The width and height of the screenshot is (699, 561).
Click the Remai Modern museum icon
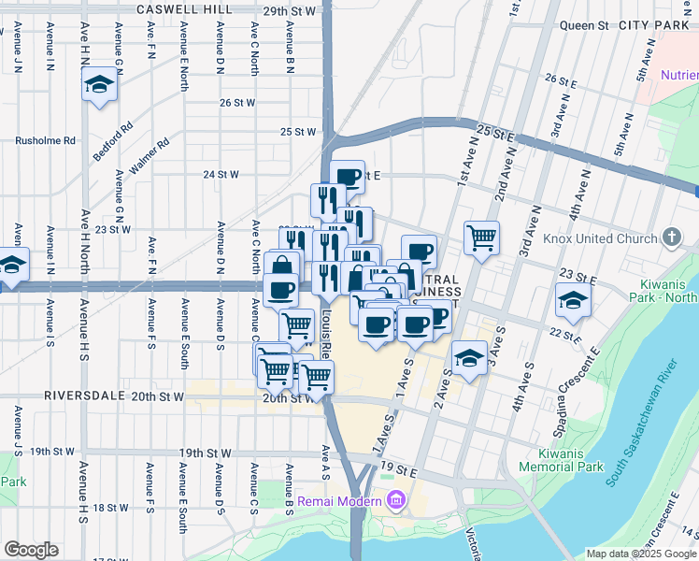coord(396,500)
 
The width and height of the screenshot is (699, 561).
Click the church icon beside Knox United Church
coord(672,237)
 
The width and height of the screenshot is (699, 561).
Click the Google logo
coord(31,550)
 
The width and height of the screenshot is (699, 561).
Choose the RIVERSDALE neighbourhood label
coord(83,396)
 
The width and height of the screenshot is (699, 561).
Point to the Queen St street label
coord(584,25)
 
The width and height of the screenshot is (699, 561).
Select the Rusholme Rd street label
coord(45,140)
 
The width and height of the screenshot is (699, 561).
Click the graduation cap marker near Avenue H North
coord(98,86)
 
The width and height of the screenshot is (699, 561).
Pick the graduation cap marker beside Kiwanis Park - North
coord(573,299)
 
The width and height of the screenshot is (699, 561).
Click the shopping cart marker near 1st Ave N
coord(481,237)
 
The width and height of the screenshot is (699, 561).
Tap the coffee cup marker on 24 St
coord(347,176)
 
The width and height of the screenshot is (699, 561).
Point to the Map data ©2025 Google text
coord(641,554)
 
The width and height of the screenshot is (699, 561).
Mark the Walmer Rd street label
coord(150,156)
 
